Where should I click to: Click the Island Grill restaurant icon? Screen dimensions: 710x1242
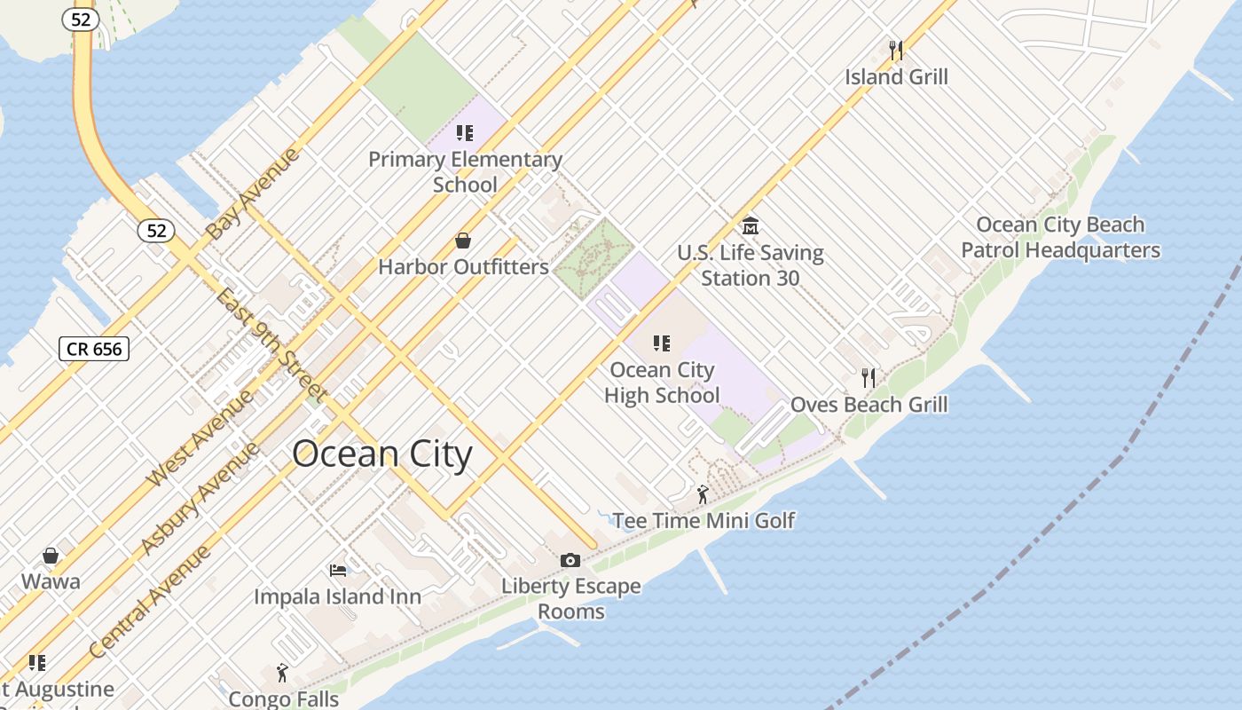point(896,49)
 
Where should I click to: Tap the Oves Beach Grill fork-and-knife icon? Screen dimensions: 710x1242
point(869,378)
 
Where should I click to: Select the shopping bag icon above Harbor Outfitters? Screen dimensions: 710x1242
point(462,241)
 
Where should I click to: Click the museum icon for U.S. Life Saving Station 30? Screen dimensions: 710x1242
point(750,225)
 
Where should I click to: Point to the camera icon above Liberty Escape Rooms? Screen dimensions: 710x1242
point(570,560)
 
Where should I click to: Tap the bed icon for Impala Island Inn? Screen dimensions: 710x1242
point(337,570)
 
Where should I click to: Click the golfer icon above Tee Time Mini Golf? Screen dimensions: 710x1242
point(703,494)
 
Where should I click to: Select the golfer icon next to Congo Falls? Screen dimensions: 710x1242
point(282,673)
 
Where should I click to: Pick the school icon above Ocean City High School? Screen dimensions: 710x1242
point(661,343)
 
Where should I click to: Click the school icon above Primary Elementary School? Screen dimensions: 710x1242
point(464,133)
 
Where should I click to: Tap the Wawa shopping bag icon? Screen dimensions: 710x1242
point(51,556)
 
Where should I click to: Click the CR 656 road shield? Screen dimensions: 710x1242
point(94,349)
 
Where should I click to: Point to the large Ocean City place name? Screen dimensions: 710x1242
point(382,454)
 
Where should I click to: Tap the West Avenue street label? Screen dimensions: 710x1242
point(200,438)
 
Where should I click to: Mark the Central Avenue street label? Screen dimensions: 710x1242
point(151,602)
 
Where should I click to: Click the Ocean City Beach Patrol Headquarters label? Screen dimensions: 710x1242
point(1060,238)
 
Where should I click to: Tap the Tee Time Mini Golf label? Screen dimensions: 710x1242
point(704,520)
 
